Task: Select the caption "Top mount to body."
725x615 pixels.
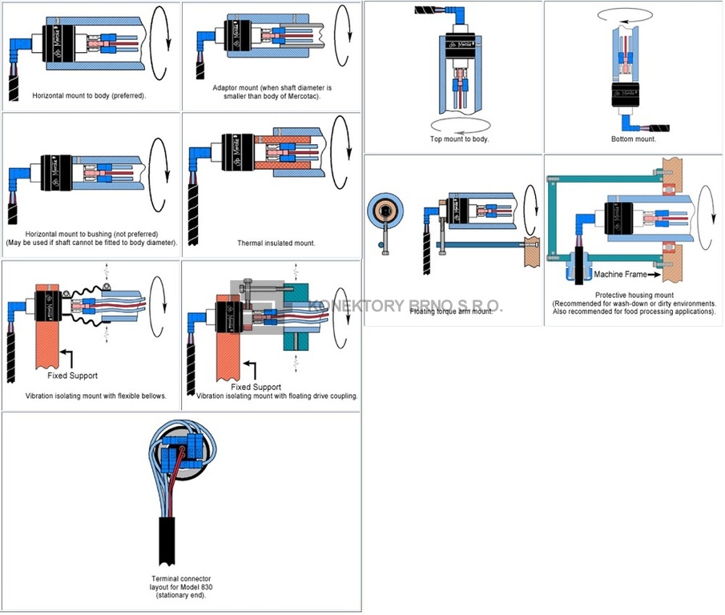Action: point(459,139)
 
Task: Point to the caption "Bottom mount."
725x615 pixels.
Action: point(633,139)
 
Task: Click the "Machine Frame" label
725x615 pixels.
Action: point(619,275)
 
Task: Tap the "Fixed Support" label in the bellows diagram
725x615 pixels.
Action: point(72,375)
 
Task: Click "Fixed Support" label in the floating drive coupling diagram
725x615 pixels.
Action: point(256,387)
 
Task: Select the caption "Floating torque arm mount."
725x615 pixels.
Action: point(452,312)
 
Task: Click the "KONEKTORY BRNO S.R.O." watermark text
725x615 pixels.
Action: point(405,306)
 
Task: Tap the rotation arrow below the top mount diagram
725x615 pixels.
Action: point(459,124)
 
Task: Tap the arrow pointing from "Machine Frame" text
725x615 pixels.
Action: point(654,275)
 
